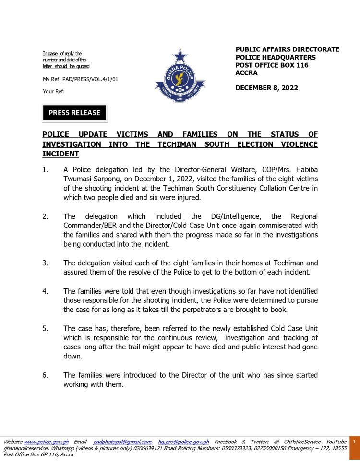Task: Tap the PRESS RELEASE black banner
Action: [74, 113]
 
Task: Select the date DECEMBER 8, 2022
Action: [266, 88]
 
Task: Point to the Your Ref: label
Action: [54, 91]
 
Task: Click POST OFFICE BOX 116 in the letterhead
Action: [272, 65]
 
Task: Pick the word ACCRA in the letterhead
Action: [246, 73]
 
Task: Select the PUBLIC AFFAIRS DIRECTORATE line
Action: [287, 49]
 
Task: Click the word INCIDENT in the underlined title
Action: [60, 154]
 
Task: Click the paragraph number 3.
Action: [45, 263]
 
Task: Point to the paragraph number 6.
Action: [45, 375]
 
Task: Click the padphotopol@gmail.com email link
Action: [123, 442]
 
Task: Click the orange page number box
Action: [354, 442]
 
